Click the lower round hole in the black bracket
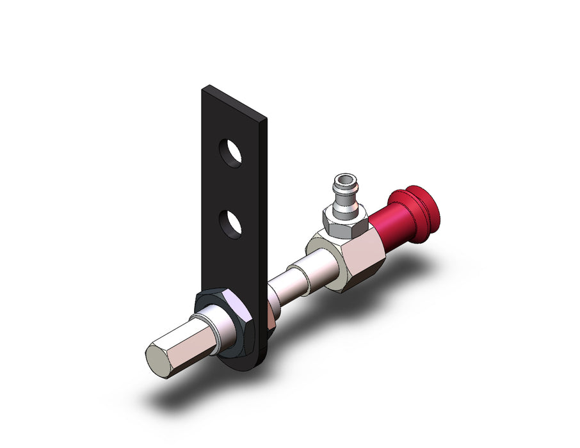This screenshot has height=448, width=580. click(230, 223)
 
